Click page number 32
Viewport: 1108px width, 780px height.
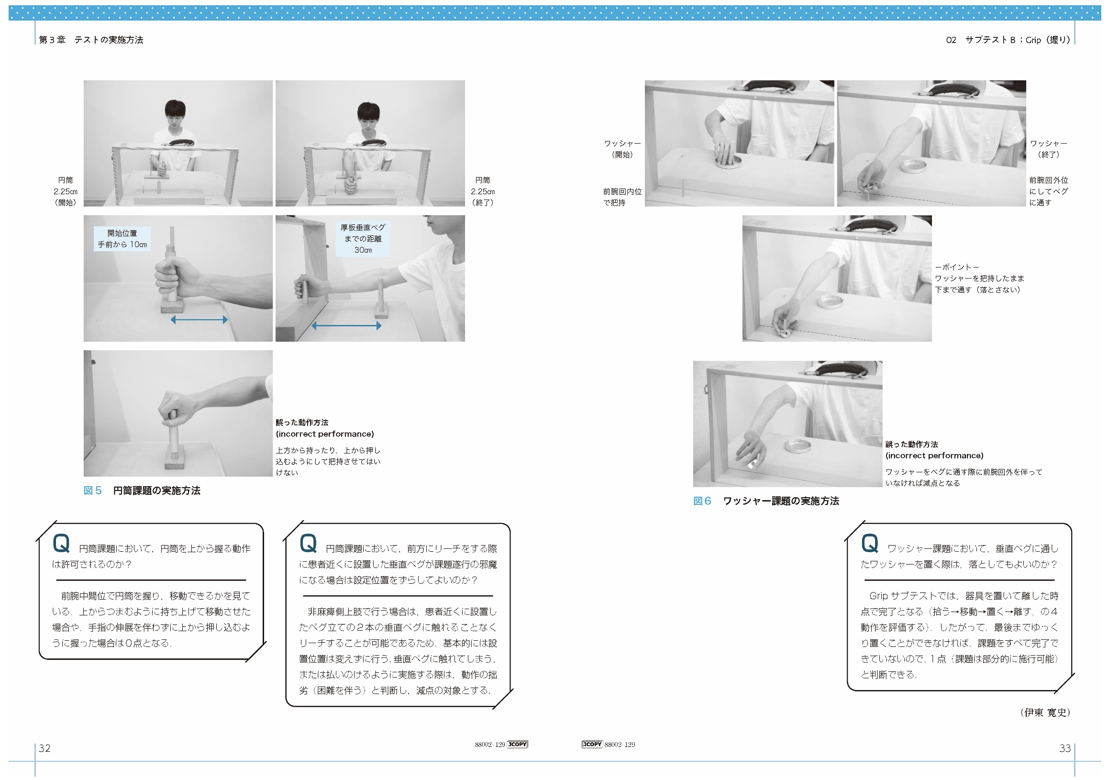[44, 748]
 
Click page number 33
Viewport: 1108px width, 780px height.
[1065, 748]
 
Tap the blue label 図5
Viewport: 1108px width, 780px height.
[93, 490]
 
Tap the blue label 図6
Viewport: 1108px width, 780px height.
[702, 501]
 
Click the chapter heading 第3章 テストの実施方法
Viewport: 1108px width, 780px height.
[91, 40]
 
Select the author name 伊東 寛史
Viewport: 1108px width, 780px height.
[1045, 713]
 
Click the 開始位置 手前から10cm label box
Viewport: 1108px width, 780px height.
[122, 239]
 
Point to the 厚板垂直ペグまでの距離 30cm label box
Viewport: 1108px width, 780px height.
[363, 238]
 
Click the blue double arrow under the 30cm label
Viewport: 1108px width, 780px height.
[346, 326]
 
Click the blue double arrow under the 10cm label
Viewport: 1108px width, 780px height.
[199, 320]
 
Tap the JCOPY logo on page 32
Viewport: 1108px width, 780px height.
[517, 744]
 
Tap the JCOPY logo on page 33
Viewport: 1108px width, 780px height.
[592, 744]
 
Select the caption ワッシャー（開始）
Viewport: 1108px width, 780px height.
[622, 149]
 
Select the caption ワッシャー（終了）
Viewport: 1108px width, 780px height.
[1049, 149]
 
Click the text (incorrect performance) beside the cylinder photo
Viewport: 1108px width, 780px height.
[325, 434]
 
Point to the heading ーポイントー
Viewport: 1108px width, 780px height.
[957, 267]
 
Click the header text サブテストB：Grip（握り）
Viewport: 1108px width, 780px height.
[1018, 40]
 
